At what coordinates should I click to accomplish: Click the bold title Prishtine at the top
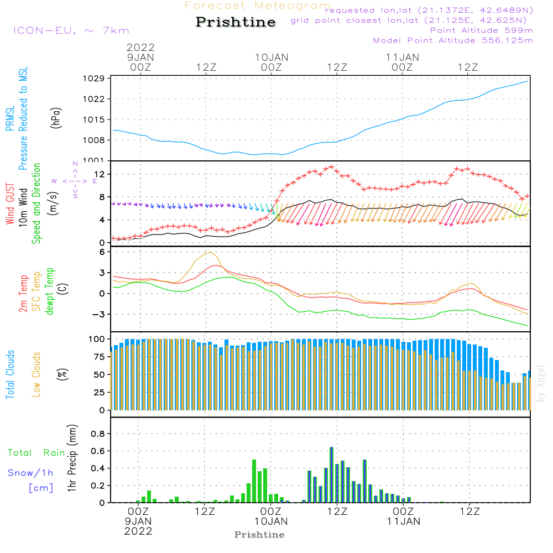click(x=236, y=22)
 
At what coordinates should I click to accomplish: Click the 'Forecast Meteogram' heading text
click(x=258, y=6)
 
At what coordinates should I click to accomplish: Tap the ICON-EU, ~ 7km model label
click(x=71, y=31)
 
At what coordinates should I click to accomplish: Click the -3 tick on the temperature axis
click(x=101, y=314)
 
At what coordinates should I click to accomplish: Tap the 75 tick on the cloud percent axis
click(x=100, y=357)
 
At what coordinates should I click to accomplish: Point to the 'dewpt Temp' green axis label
click(x=50, y=291)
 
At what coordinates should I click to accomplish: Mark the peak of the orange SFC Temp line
click(x=210, y=252)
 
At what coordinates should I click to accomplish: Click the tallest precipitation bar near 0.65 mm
click(x=331, y=474)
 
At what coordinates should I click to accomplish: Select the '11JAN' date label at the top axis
click(x=403, y=57)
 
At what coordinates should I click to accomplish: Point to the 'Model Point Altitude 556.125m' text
click(x=453, y=40)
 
